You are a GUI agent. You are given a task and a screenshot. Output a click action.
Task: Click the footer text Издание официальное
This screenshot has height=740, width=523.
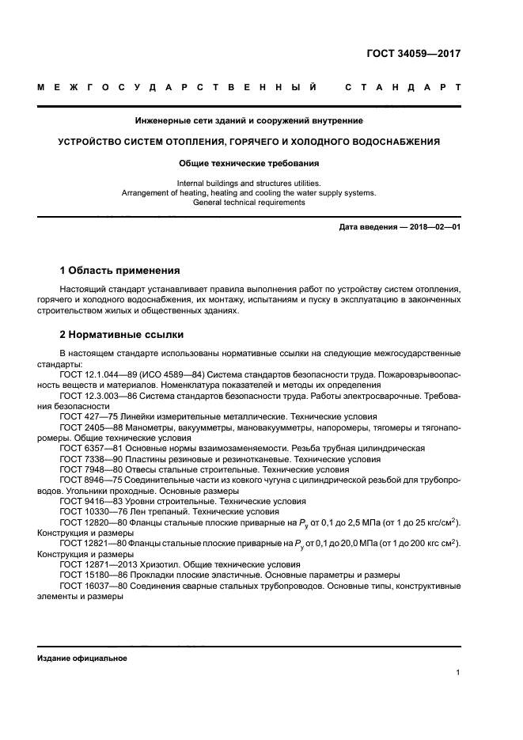click(x=82, y=658)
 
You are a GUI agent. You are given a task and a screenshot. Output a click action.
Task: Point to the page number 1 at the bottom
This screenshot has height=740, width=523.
click(x=458, y=673)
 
